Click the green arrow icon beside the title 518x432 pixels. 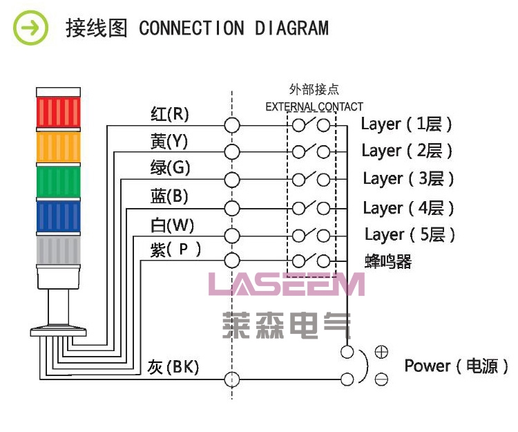pyautogui.click(x=31, y=29)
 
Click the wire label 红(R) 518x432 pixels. pyautogui.click(x=169, y=113)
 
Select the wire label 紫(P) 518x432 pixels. pyautogui.click(x=175, y=250)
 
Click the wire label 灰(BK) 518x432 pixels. pyautogui.click(x=173, y=367)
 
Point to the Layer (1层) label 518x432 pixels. pyautogui.click(x=406, y=124)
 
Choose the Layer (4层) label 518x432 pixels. pyautogui.click(x=408, y=207)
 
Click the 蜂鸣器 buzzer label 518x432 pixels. pyautogui.click(x=388, y=262)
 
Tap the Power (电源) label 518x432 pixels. pyautogui.click(x=457, y=366)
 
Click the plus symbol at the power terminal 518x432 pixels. pyautogui.click(x=381, y=352)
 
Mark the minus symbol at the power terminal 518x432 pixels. pyautogui.click(x=381, y=379)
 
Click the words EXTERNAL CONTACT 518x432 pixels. pyautogui.click(x=314, y=106)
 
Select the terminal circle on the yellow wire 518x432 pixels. pyautogui.click(x=233, y=151)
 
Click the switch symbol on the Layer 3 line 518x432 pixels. pyautogui.click(x=311, y=179)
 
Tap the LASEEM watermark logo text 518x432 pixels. pyautogui.click(x=287, y=284)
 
